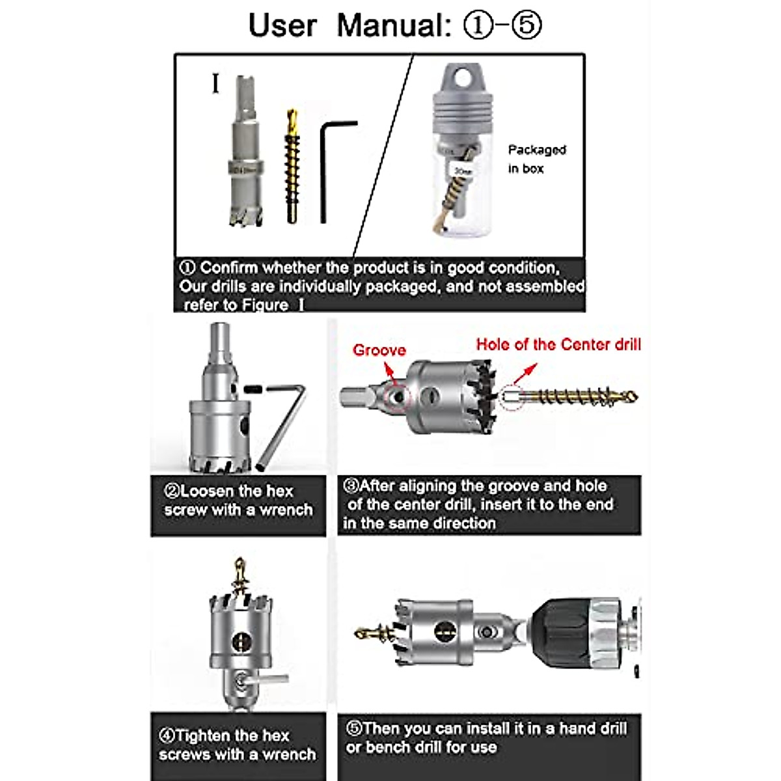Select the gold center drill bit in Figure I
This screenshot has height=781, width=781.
(x=292, y=169)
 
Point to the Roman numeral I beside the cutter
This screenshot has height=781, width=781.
(x=215, y=84)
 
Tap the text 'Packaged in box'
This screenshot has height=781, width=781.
(x=536, y=159)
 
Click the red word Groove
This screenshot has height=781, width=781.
(x=379, y=350)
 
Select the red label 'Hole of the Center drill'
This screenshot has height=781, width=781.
(x=558, y=344)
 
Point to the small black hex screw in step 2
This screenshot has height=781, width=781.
(x=254, y=389)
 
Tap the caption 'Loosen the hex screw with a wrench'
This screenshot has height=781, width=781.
(x=238, y=500)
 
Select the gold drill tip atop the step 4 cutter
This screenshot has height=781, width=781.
(x=240, y=572)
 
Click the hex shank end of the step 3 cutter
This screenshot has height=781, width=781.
(x=355, y=396)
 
